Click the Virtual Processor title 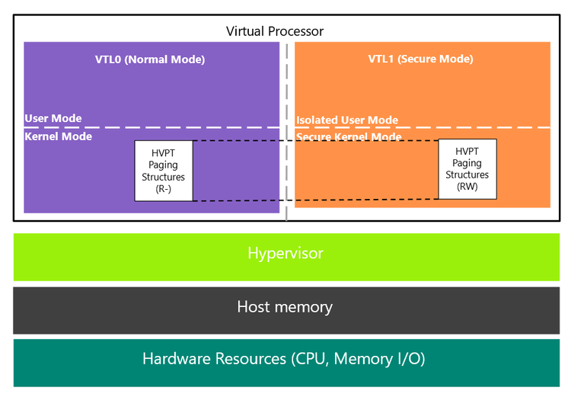coord(275,31)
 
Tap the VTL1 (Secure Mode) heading coord(420,59)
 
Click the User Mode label coord(53,119)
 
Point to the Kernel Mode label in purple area coord(59,136)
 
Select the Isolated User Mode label coord(347,120)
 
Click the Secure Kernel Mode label coord(349,137)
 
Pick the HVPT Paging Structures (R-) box coord(164,171)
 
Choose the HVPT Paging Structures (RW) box coord(467,169)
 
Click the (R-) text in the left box coord(164,187)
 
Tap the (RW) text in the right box coord(467,185)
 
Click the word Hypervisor coord(285,253)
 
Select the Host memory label coord(285,307)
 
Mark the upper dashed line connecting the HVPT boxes coord(315,140)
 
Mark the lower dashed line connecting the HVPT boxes coord(315,200)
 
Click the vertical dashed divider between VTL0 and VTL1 coord(287,91)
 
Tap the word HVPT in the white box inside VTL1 coord(467,152)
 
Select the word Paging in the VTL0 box coord(164,165)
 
